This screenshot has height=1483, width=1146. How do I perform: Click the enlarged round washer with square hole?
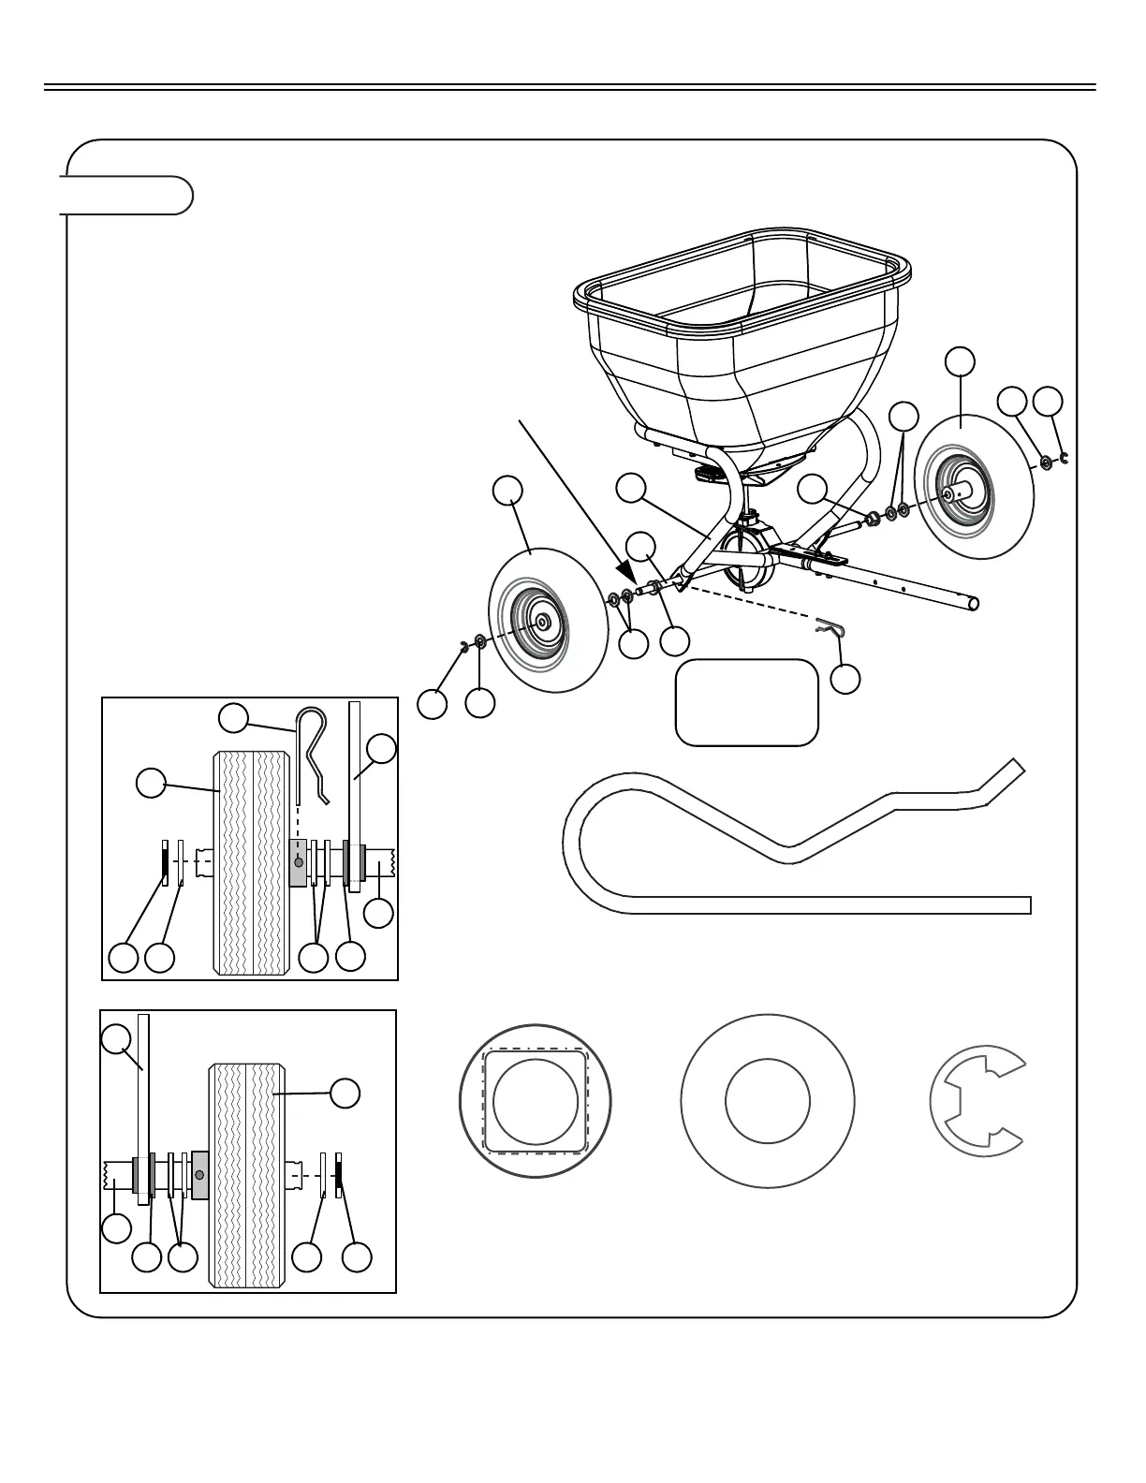pos(535,1101)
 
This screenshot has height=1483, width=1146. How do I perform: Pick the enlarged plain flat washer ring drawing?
pos(768,1101)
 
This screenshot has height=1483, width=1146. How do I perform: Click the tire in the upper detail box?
pos(250,861)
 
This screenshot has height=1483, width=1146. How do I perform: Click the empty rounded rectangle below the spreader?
pos(746,702)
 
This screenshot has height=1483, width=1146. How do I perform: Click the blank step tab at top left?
pos(127,195)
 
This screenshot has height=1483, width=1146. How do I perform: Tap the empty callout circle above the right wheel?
pos(960,361)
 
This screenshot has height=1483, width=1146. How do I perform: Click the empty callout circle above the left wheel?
pos(507,492)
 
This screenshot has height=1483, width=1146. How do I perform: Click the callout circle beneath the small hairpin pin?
pos(845,679)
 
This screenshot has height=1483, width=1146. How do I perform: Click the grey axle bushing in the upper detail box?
pos(298,861)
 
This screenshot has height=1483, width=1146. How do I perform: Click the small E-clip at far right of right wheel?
pos(1064,458)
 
